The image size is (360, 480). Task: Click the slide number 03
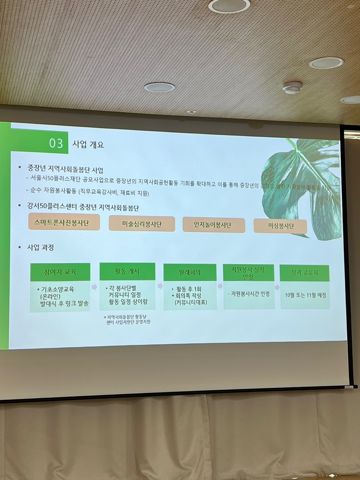56,143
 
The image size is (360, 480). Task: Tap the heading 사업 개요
88,145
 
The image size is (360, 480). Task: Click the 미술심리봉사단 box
142,224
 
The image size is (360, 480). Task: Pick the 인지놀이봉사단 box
213,225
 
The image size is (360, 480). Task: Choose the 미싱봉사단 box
280,226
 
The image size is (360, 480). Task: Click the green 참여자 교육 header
60,272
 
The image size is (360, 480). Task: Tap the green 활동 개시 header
127,271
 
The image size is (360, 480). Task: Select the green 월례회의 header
190,272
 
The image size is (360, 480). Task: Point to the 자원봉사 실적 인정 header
248,273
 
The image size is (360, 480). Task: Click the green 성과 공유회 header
304,273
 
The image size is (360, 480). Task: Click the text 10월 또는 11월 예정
305,295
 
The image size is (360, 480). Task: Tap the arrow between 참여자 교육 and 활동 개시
95,287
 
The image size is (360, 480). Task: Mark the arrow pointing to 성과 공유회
277,287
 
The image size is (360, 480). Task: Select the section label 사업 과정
40,247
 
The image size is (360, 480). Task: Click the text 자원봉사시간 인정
250,294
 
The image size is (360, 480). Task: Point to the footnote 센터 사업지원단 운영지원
128,322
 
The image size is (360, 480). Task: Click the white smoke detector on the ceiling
292,88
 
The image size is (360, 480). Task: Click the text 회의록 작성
189,296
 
